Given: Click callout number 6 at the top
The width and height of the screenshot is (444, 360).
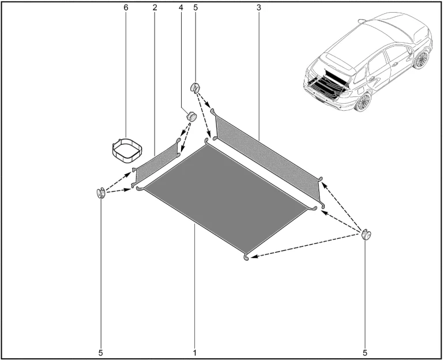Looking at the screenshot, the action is coord(126,7).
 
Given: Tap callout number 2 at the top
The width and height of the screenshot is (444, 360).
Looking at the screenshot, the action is coord(155,7).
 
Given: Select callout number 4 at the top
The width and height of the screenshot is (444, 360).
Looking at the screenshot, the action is coord(180,7).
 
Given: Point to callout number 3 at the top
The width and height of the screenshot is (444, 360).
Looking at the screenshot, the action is coord(258,7).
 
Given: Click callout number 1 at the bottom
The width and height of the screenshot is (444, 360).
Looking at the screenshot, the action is coord(194,352).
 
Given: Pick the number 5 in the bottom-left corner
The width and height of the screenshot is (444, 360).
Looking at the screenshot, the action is coord(101,352).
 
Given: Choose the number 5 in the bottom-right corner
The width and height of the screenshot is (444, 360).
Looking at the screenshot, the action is coord(364,352).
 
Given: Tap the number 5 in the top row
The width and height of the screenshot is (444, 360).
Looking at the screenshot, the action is coord(195,7).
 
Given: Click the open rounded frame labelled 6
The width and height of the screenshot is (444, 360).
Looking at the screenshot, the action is coord(127,150).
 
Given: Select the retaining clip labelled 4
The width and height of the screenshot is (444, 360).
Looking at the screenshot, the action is coord(191,116).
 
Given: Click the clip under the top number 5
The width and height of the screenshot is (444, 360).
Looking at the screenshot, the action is coord(194,87).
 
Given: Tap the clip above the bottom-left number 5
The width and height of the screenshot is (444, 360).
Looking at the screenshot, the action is coord(101,193).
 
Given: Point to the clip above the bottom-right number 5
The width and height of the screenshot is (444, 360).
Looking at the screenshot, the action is coord(366,235).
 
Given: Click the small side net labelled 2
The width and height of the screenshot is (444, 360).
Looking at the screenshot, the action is coord(156,163).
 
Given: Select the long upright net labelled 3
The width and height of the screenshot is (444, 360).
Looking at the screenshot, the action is coord(268,159).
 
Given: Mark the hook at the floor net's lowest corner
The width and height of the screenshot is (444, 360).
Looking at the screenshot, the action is coord(246,257).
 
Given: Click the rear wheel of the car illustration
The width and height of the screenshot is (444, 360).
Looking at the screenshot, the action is coord(363,103).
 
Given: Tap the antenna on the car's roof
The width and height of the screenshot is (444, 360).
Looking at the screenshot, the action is coord(362,21).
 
